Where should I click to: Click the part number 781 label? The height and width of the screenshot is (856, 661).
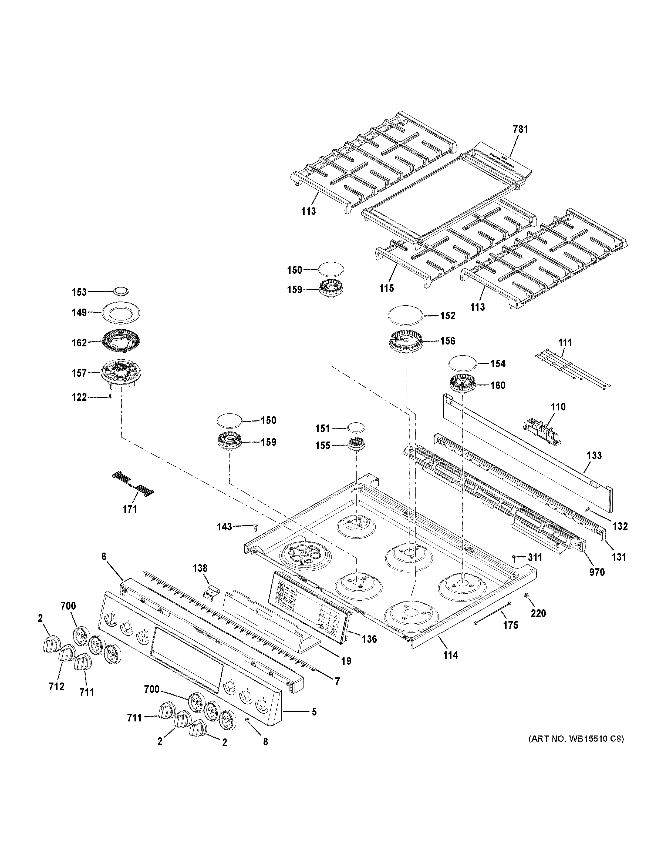click(520, 129)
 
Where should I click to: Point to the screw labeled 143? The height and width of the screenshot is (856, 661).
click(256, 526)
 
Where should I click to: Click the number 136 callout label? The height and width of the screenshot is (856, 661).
click(369, 639)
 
